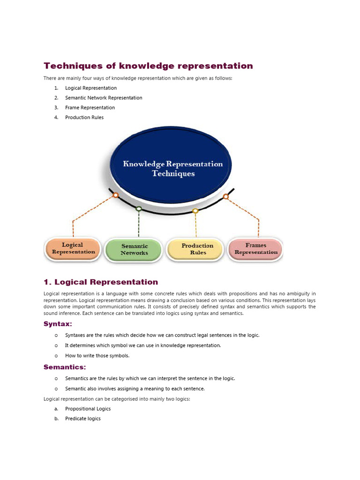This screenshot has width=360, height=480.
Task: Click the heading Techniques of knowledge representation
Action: (148, 66)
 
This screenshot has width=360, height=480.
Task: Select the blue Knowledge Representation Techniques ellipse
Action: (172, 168)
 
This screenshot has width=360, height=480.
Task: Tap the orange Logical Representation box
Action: (73, 248)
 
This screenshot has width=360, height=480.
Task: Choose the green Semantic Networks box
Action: (134, 249)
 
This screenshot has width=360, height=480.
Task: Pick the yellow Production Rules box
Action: (197, 249)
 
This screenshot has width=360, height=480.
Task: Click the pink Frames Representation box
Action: (255, 248)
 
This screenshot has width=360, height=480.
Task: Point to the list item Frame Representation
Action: (90, 108)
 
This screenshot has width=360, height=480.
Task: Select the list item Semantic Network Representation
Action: (104, 98)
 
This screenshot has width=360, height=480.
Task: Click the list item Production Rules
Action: (84, 118)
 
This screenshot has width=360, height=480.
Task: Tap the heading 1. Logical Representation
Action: (101, 282)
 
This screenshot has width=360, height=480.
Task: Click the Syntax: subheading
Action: (58, 324)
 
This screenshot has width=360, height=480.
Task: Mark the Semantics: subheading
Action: (65, 367)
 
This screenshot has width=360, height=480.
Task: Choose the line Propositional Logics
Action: (88, 409)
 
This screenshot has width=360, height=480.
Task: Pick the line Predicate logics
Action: (83, 419)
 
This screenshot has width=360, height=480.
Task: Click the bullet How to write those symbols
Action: (97, 356)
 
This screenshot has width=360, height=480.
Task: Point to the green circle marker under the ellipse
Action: (139, 209)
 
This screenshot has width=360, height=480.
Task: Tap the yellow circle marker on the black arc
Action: (195, 211)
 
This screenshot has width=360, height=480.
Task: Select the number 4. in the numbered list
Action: (56, 118)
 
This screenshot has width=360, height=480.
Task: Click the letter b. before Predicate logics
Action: (56, 419)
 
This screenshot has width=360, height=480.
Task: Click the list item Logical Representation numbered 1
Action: (91, 88)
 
